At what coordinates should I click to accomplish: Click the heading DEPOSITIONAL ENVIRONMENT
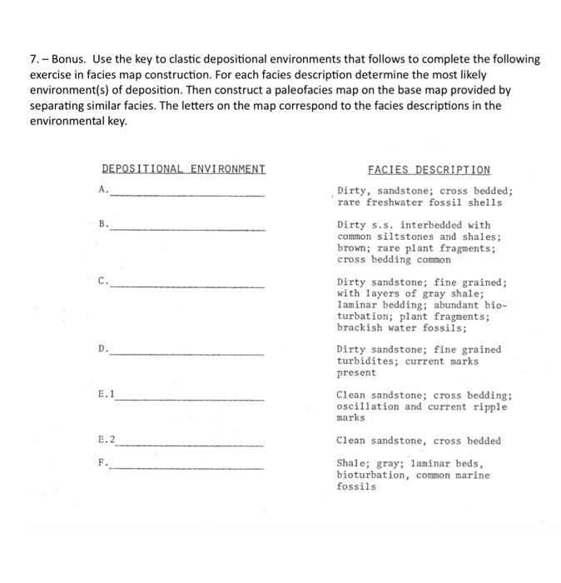(x=183, y=169)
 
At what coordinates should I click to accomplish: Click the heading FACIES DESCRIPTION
(x=429, y=169)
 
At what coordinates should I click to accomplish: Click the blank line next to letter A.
(x=187, y=194)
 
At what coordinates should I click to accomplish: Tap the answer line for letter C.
(x=187, y=286)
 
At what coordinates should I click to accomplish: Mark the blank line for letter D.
(x=187, y=354)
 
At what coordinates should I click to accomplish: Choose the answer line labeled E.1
(x=190, y=399)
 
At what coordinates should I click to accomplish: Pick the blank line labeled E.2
(x=190, y=445)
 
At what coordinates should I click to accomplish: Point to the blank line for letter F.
(x=187, y=467)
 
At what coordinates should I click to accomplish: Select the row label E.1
(x=106, y=394)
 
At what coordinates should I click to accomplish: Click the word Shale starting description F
(x=352, y=463)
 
